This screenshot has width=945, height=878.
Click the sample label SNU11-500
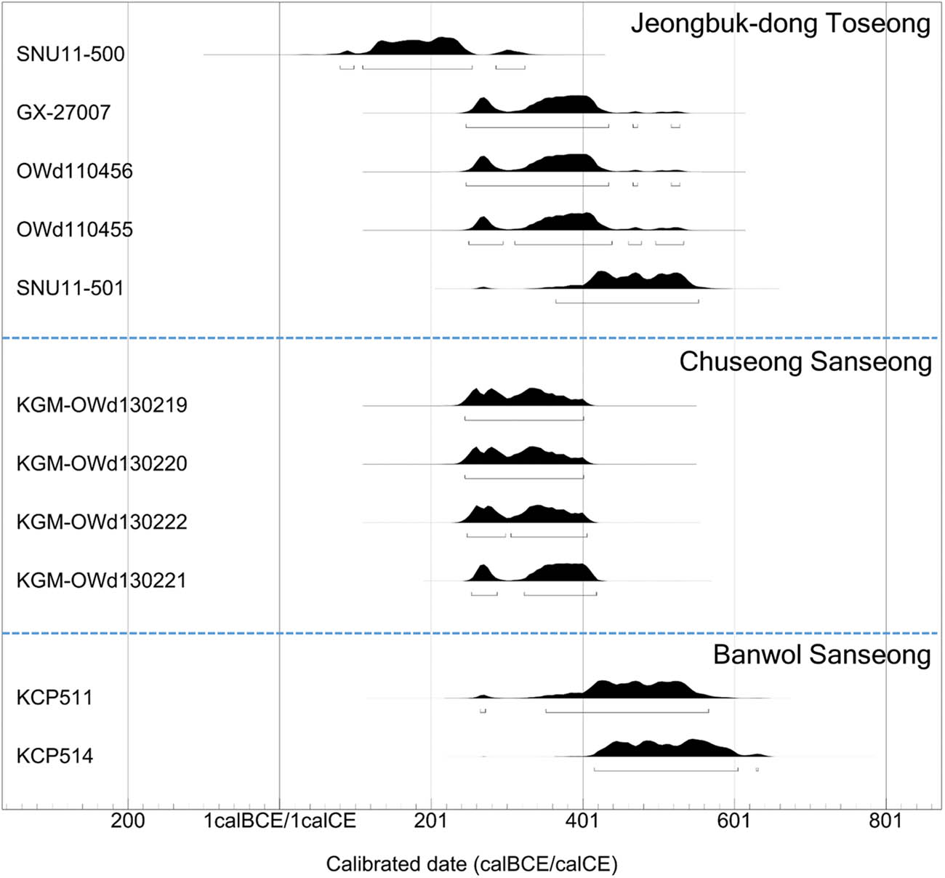coord(71,54)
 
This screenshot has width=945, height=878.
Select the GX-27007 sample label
coord(63,112)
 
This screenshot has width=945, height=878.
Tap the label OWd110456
coord(74,171)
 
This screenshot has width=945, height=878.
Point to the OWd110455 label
coord(74,230)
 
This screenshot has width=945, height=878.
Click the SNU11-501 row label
coord(70,288)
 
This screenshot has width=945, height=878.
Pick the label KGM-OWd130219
coord(101,404)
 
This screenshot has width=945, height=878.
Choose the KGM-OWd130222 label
coord(101,522)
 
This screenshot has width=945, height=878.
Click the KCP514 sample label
coord(55,756)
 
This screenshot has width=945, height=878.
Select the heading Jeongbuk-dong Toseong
coord(780,24)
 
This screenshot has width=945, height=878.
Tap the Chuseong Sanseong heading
coord(805,362)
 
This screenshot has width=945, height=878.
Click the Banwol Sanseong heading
coord(821,655)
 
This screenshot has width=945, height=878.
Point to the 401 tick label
coord(582,821)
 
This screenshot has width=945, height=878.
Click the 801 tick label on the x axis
coord(885,821)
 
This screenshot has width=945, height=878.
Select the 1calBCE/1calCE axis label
coord(280,821)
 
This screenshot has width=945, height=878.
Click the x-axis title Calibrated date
coord(471,863)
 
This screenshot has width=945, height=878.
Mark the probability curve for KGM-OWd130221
coord(560,572)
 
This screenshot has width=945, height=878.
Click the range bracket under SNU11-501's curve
coord(627,301)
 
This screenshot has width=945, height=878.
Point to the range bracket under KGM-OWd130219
coord(523,419)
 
